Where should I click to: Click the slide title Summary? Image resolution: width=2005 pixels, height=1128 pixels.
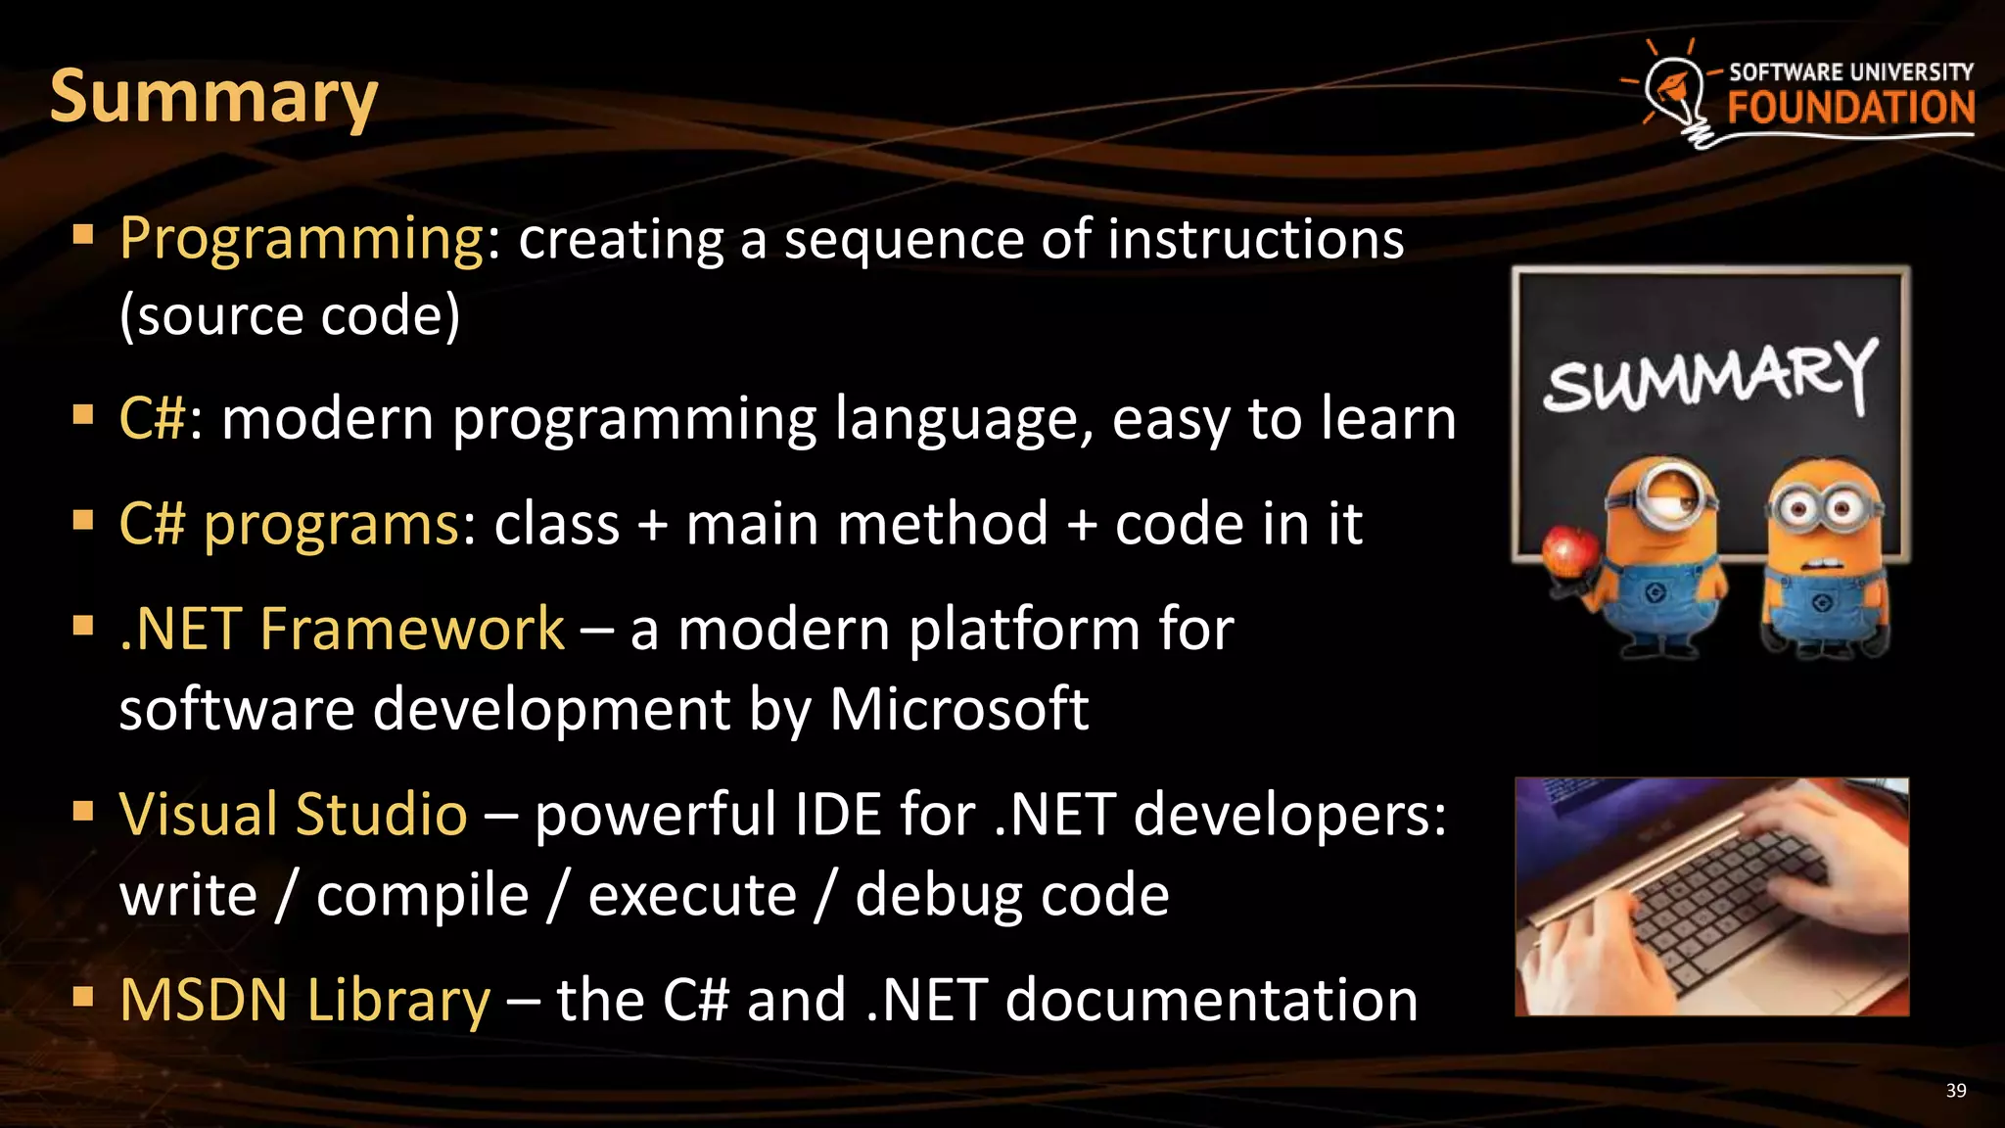(x=213, y=98)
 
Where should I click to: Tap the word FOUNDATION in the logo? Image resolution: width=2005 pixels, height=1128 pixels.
(x=1850, y=108)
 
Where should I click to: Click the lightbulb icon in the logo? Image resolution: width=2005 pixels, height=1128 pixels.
(x=1677, y=93)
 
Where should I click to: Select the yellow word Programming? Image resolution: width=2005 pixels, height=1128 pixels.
(x=302, y=239)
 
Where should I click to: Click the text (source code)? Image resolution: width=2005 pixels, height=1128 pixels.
(x=289, y=315)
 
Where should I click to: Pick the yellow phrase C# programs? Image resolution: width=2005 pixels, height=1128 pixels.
(x=289, y=524)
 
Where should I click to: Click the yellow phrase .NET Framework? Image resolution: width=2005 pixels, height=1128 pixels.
(x=342, y=629)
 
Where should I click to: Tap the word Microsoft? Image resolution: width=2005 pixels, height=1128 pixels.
(x=958, y=709)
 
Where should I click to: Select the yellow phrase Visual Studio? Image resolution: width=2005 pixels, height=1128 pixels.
(x=293, y=815)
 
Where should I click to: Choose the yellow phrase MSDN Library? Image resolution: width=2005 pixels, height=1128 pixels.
(x=304, y=1000)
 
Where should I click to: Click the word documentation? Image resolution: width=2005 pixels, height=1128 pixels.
(x=1211, y=1000)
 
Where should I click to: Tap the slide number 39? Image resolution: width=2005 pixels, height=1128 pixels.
(x=1955, y=1091)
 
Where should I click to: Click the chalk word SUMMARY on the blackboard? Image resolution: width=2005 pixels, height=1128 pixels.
(x=1709, y=377)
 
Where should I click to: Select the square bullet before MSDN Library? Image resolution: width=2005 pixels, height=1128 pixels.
(x=83, y=998)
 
